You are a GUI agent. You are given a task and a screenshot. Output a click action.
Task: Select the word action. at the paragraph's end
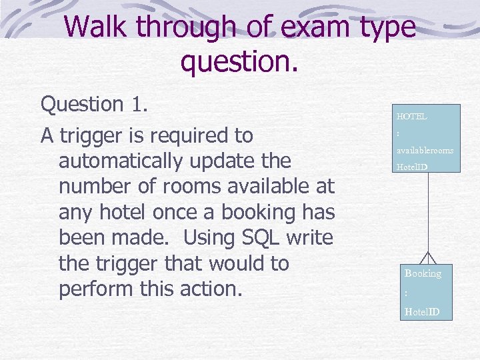[x=223, y=290]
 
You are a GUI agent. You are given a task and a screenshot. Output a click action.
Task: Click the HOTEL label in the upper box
[x=411, y=116]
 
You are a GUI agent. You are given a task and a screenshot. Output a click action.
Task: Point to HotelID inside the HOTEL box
[x=411, y=167]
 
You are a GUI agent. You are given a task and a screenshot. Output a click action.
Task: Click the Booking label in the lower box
[x=423, y=273]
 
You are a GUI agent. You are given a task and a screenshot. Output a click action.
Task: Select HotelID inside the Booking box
[x=422, y=311]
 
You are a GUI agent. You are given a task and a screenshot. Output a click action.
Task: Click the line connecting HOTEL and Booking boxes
[x=427, y=213]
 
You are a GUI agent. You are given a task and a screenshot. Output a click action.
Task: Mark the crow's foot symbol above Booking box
[x=427, y=259]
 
